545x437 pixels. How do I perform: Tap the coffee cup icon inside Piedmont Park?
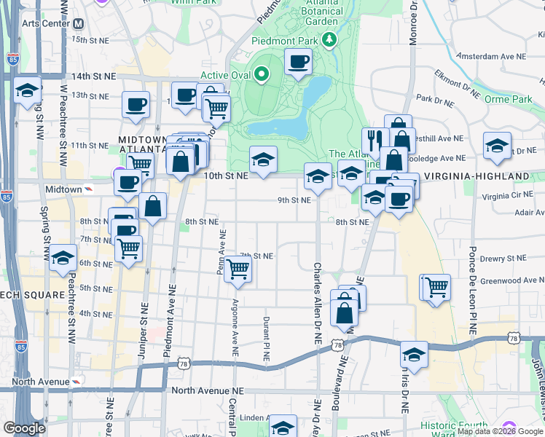pyautogui.click(x=298, y=63)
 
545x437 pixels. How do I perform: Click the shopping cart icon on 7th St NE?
pyautogui.click(x=238, y=268)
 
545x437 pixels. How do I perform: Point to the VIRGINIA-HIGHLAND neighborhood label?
pyautogui.click(x=476, y=177)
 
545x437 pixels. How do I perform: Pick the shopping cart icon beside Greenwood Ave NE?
pyautogui.click(x=437, y=287)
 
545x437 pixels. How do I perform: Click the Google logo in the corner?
pyautogui.click(x=24, y=428)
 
